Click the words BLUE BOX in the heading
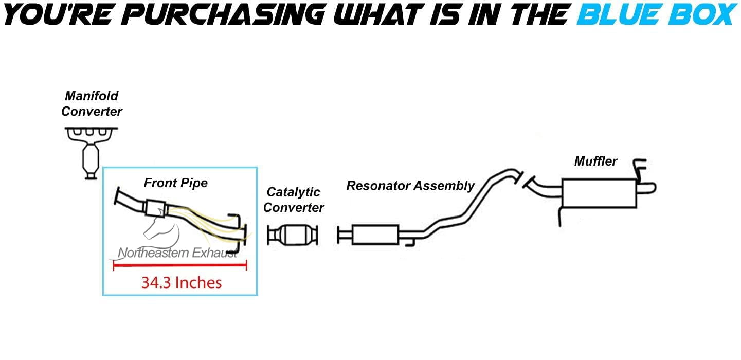tap(656, 14)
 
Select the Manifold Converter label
tap(92, 103)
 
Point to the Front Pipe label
tap(175, 183)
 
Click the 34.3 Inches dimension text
tap(181, 282)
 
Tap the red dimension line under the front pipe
tap(180, 265)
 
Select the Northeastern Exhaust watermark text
tap(178, 253)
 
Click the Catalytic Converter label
tap(294, 200)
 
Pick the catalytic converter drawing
tap(293, 236)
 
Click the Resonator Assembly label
tap(410, 186)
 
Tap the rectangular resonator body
tap(375, 235)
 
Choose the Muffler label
tap(595, 161)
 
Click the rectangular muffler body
tap(599, 193)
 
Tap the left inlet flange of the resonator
tap(339, 235)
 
